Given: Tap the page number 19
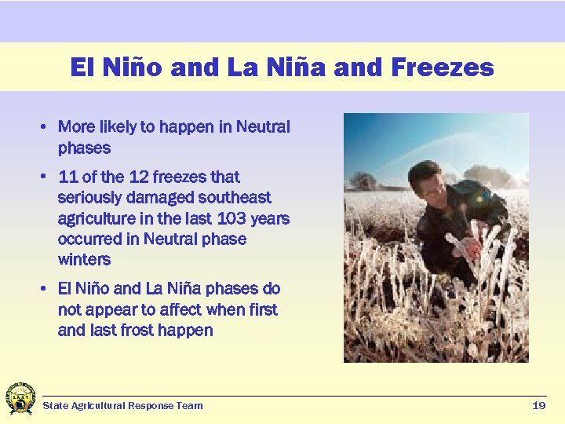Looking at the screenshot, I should tap(538, 405).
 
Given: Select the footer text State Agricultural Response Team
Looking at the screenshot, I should tap(122, 406).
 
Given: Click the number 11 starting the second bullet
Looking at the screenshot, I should tap(68, 177).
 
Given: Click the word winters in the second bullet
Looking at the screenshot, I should tap(84, 259).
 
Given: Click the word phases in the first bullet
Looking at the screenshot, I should tap(84, 148).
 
